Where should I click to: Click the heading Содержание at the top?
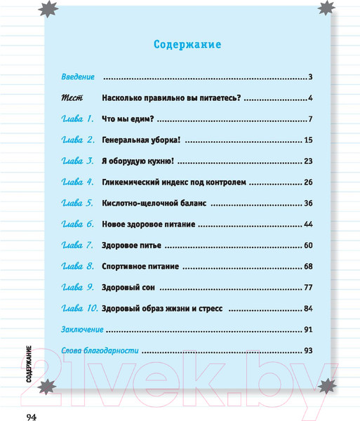coord(187,45)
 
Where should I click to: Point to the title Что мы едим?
coord(128,119)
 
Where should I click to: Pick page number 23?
coord(307,161)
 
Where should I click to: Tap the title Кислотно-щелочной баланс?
coord(154,203)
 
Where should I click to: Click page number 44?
coord(307,225)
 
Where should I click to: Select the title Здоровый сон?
coord(128,288)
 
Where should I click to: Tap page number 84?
coord(307,309)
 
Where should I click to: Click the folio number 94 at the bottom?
coord(31,416)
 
